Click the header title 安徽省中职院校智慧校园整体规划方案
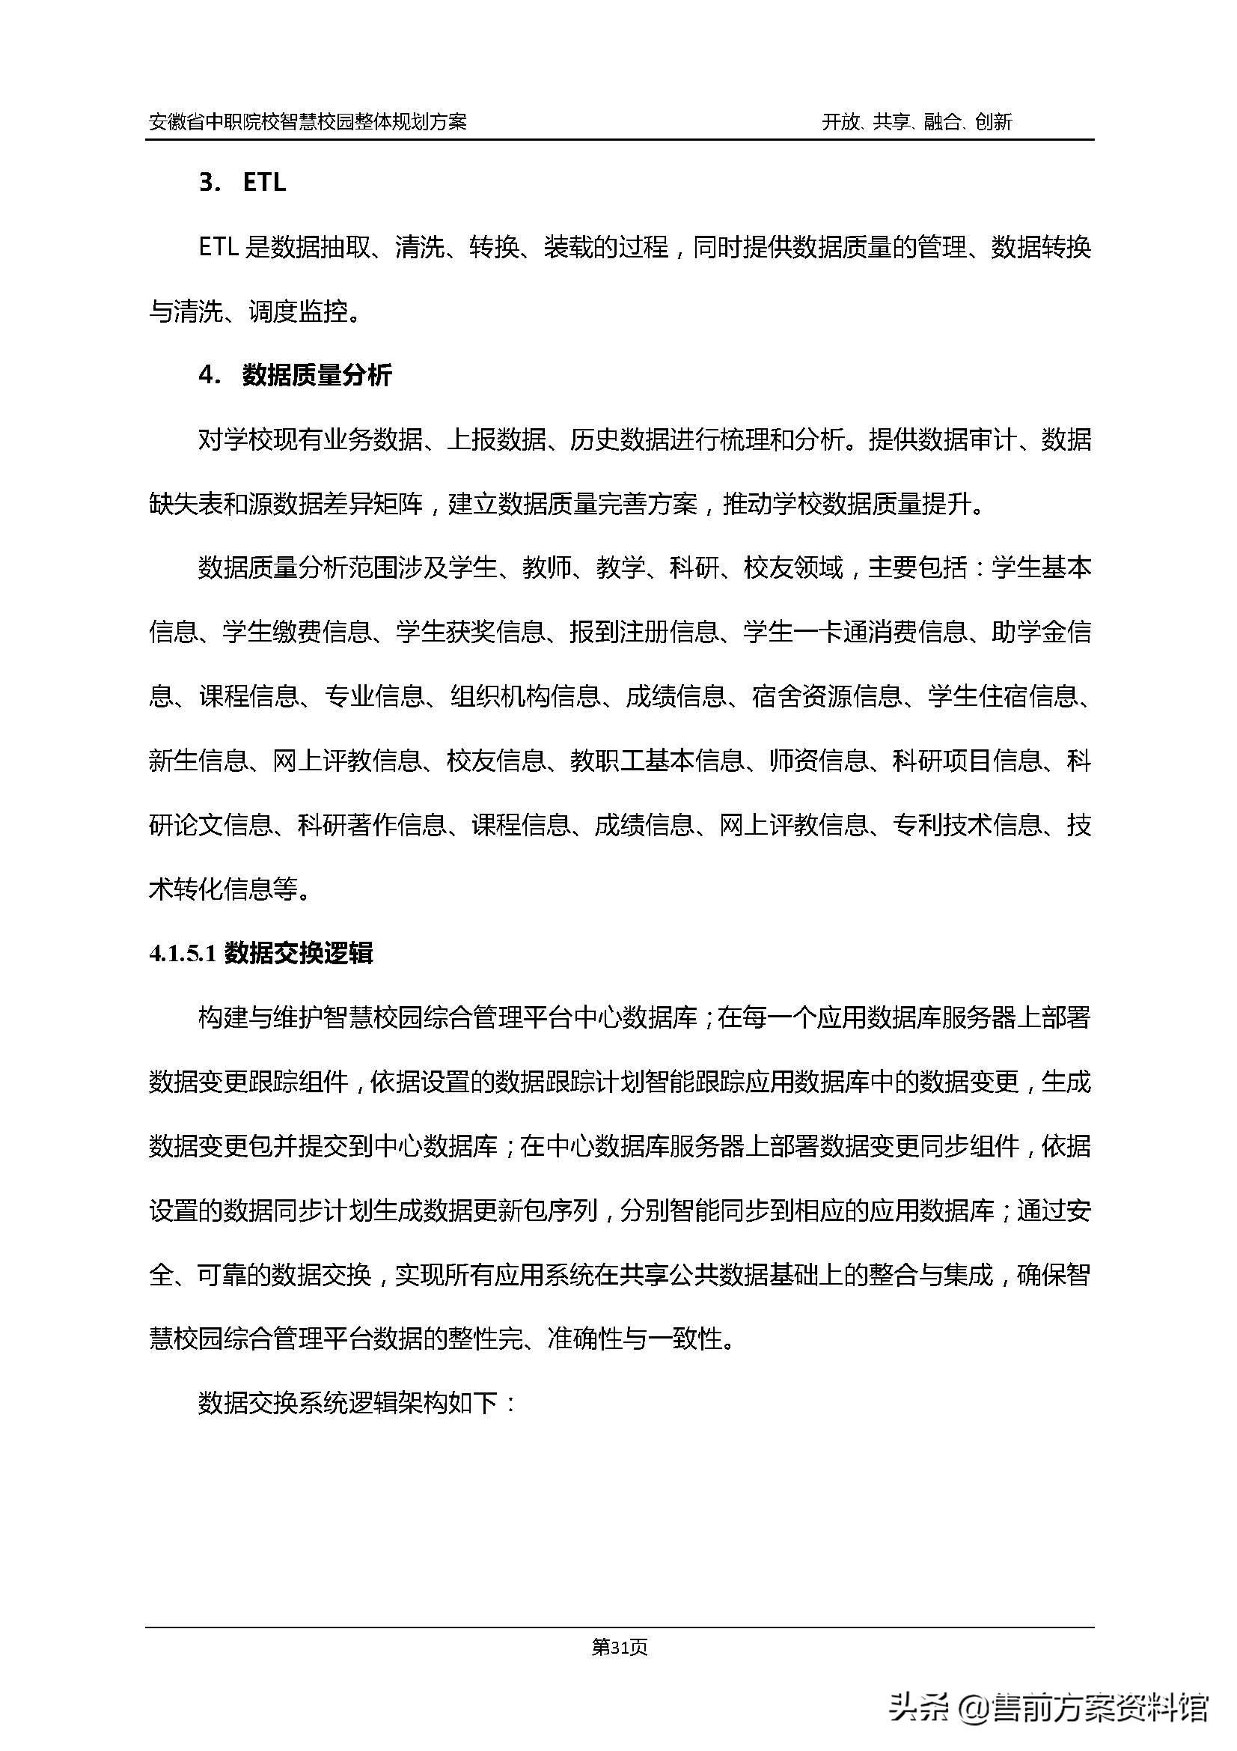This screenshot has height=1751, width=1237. pyautogui.click(x=308, y=121)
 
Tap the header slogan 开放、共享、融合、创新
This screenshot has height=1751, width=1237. pyautogui.click(x=916, y=121)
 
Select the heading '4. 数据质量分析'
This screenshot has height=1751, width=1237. pyautogui.click(x=295, y=375)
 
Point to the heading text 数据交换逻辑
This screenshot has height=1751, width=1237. pyautogui.click(x=298, y=954)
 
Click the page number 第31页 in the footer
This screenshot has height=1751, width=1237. pyautogui.click(x=619, y=1648)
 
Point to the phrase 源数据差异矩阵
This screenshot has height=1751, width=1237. pyautogui.click(x=335, y=504)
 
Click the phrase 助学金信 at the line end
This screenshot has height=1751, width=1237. pyautogui.click(x=1041, y=633)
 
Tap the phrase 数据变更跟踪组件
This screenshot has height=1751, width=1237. pyautogui.click(x=248, y=1082)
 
